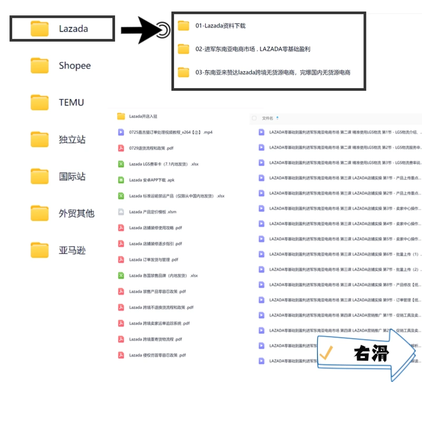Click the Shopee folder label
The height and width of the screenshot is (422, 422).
[74, 66]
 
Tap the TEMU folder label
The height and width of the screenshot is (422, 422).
[71, 103]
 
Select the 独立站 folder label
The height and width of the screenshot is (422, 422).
[72, 140]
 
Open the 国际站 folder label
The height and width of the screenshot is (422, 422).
[72, 177]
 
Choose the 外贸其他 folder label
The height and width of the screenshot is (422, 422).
[76, 214]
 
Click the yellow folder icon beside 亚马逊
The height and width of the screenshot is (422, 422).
[40, 250]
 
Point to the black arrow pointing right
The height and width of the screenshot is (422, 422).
[139, 31]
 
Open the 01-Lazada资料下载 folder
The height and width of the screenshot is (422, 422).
[220, 26]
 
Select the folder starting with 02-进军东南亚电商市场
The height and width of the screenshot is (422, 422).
[253, 49]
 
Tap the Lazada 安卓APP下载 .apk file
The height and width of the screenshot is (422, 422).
[152, 180]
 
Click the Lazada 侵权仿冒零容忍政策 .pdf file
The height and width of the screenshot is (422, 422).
[157, 355]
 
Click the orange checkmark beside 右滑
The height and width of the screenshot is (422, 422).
[326, 353]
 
